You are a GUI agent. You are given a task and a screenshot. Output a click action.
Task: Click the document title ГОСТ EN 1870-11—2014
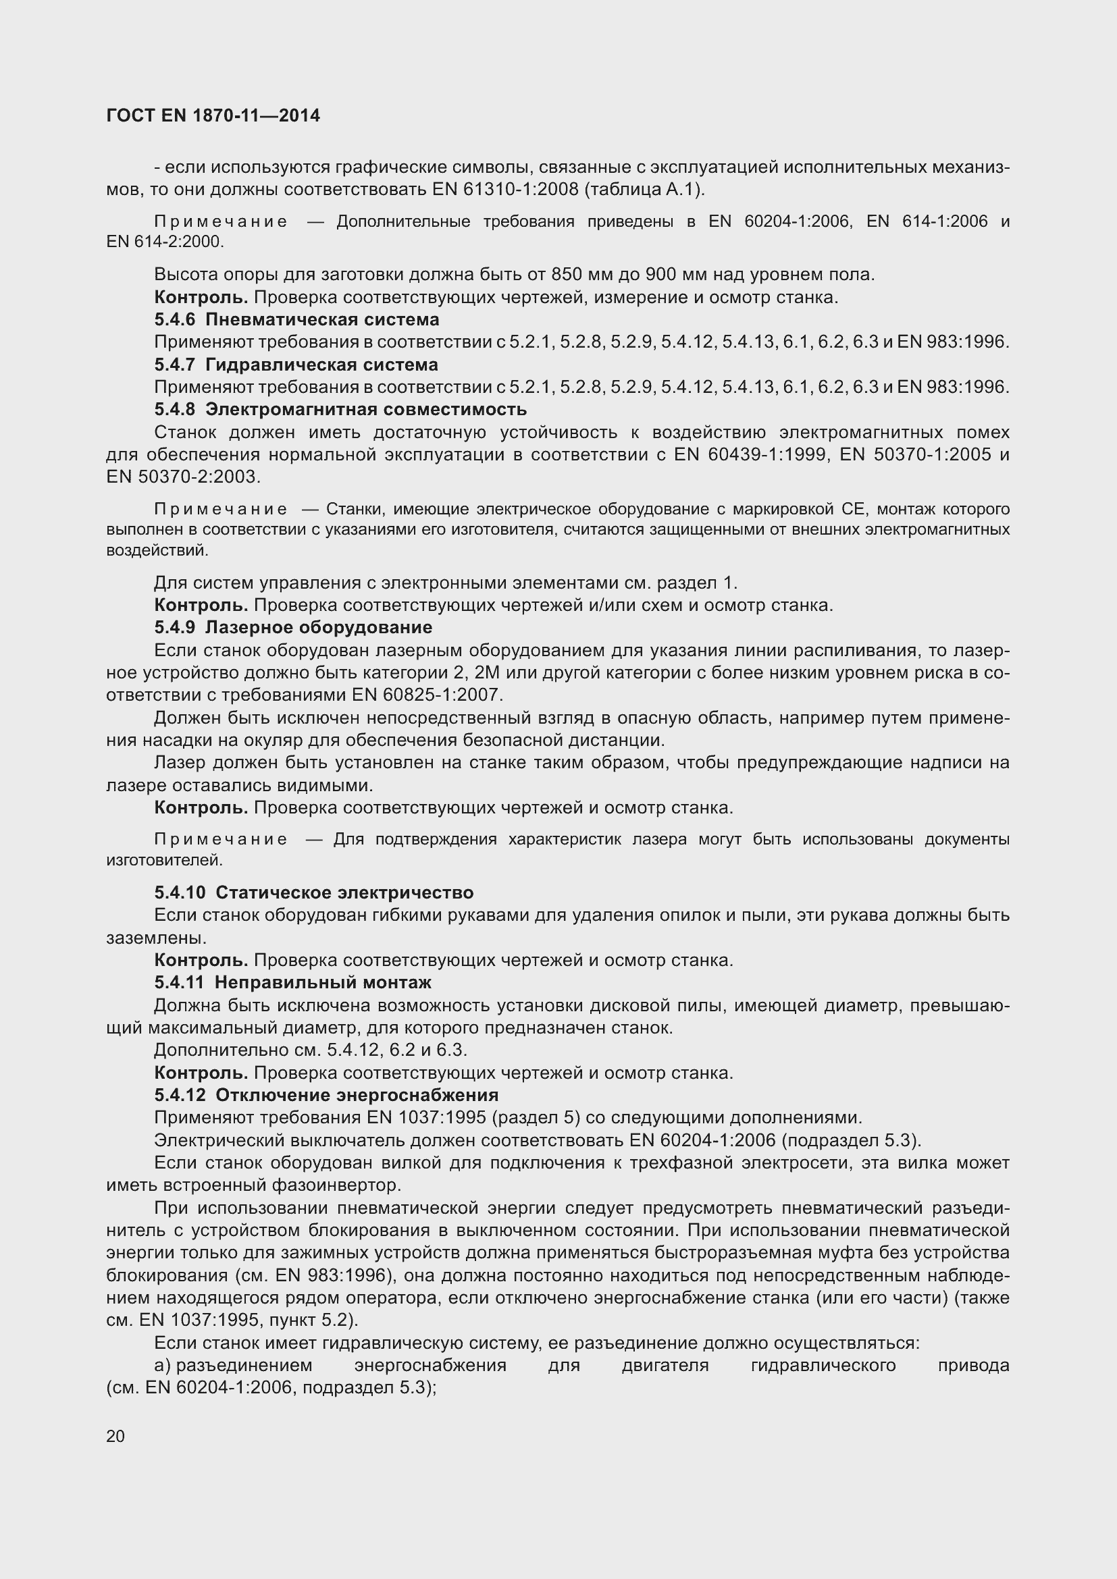(213, 115)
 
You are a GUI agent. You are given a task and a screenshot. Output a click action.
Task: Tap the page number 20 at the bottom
(115, 1436)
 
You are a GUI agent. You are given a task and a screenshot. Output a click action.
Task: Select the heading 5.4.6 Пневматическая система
(296, 320)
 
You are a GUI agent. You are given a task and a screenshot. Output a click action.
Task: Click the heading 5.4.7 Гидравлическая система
(296, 365)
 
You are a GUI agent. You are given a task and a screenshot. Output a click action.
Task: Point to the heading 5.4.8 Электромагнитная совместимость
(340, 409)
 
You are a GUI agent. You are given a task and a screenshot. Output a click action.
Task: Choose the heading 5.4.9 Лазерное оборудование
(293, 627)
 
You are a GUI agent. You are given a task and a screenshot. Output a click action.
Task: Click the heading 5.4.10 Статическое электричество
(313, 892)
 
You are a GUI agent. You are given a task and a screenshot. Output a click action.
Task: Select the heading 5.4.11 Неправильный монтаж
(293, 982)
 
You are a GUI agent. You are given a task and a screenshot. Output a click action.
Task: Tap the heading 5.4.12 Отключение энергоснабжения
(326, 1095)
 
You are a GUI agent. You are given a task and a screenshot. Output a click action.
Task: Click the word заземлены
(155, 938)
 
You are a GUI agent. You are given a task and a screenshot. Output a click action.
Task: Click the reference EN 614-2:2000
(164, 242)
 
